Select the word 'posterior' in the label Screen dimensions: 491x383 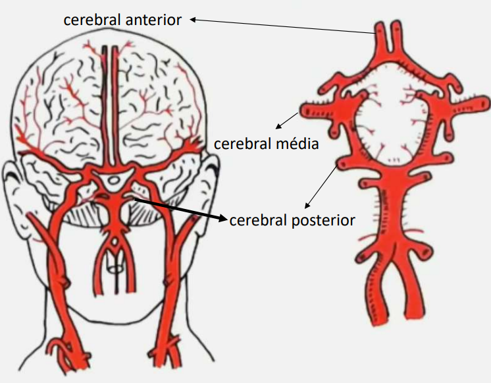point(323,221)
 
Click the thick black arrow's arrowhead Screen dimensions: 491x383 point(222,218)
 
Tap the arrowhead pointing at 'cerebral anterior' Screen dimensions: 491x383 point(194,20)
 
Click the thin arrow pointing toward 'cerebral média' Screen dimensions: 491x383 point(286,121)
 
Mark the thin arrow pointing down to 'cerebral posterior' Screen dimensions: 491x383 point(321,187)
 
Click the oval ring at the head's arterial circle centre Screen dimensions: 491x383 point(114,180)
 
